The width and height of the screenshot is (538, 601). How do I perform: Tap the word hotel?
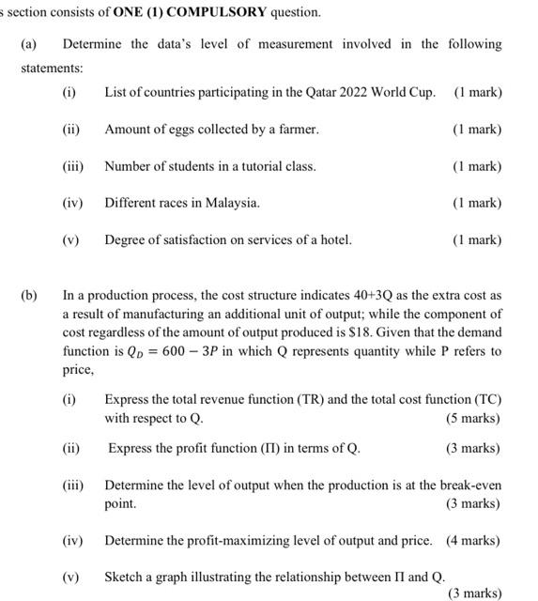tap(333, 239)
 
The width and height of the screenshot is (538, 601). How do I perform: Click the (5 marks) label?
tap(472, 418)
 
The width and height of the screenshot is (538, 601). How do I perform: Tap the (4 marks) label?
tap(472, 541)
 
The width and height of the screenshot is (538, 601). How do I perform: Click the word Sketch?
tap(124, 576)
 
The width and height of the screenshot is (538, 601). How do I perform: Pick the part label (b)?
tap(29, 295)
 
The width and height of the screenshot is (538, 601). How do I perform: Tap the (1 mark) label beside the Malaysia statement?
tap(477, 203)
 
